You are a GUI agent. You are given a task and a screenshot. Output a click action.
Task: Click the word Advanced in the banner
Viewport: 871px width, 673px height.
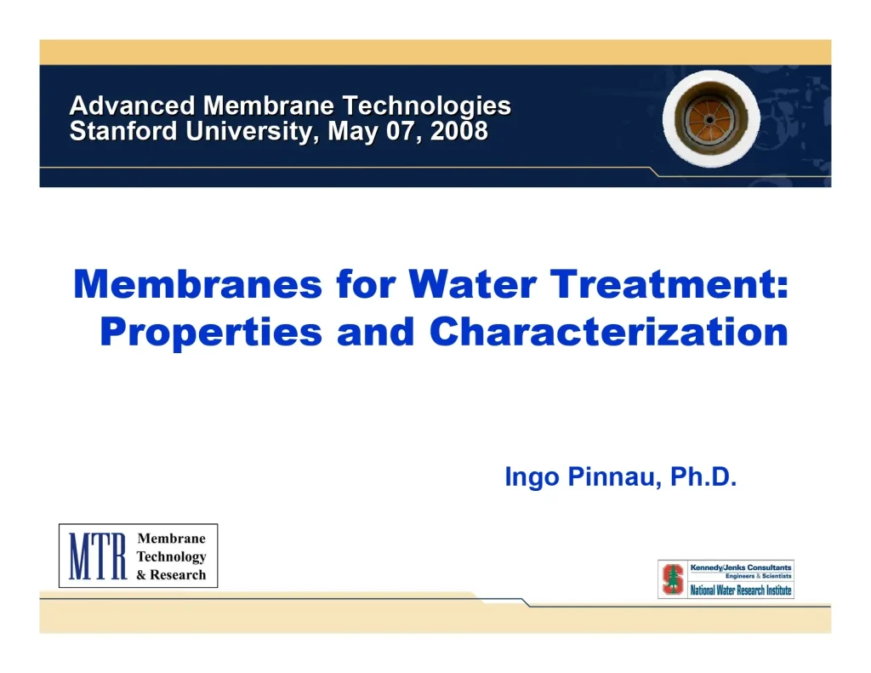pos(133,106)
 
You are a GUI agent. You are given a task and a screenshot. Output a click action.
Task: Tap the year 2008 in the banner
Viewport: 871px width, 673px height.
pos(459,132)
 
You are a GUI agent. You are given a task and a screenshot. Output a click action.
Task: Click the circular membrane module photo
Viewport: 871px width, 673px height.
pos(710,119)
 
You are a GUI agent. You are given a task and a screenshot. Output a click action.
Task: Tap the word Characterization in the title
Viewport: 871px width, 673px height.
pos(609,332)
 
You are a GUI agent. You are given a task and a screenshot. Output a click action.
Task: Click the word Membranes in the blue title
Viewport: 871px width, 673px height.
pos(198,284)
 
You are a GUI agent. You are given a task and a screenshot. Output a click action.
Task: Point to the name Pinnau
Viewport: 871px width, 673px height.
pos(614,477)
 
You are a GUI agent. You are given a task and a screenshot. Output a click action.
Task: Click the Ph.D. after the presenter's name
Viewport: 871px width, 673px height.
pos(703,477)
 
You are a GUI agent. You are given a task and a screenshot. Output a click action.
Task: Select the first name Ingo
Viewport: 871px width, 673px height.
pos(532,477)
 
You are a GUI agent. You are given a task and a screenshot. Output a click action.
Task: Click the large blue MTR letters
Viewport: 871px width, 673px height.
pos(97,556)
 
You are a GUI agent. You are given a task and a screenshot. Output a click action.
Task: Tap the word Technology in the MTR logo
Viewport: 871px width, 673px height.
pos(171,556)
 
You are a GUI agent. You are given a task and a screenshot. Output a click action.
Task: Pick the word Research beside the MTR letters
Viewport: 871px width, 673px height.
pos(178,574)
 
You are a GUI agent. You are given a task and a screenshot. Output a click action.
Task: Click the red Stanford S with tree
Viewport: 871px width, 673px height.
pos(673,579)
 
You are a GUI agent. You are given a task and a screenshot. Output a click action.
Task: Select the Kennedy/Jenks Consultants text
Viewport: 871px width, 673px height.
pos(740,567)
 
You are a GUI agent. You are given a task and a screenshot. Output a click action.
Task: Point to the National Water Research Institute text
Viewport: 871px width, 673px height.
pos(740,590)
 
